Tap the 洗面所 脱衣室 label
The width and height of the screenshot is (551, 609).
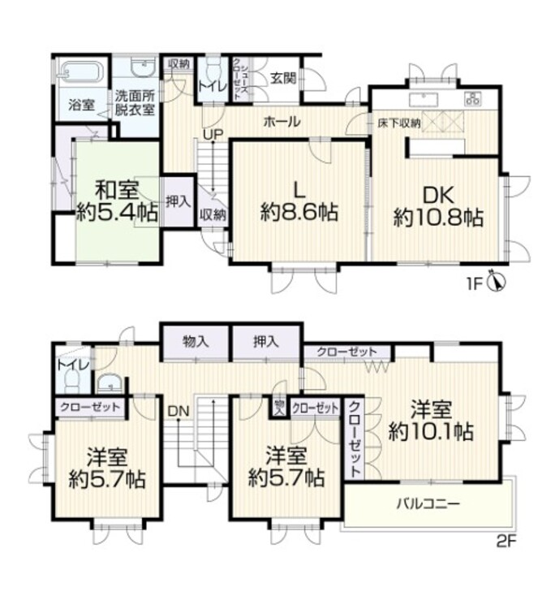click(x=134, y=102)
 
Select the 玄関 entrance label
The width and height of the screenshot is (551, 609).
click(x=284, y=78)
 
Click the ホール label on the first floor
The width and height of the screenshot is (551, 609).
click(x=282, y=123)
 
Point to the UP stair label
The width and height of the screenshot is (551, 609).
click(x=213, y=134)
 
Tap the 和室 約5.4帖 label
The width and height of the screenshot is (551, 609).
click(x=118, y=201)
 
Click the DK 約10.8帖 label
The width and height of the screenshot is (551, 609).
click(x=439, y=206)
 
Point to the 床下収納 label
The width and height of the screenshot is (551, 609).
click(x=398, y=123)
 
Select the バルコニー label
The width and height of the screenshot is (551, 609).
click(x=428, y=503)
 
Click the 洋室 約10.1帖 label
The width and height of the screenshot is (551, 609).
click(x=430, y=420)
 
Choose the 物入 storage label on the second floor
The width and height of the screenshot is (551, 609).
click(x=196, y=342)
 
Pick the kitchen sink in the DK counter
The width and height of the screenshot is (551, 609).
click(x=424, y=99)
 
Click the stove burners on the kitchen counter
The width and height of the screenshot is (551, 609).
click(x=472, y=99)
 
